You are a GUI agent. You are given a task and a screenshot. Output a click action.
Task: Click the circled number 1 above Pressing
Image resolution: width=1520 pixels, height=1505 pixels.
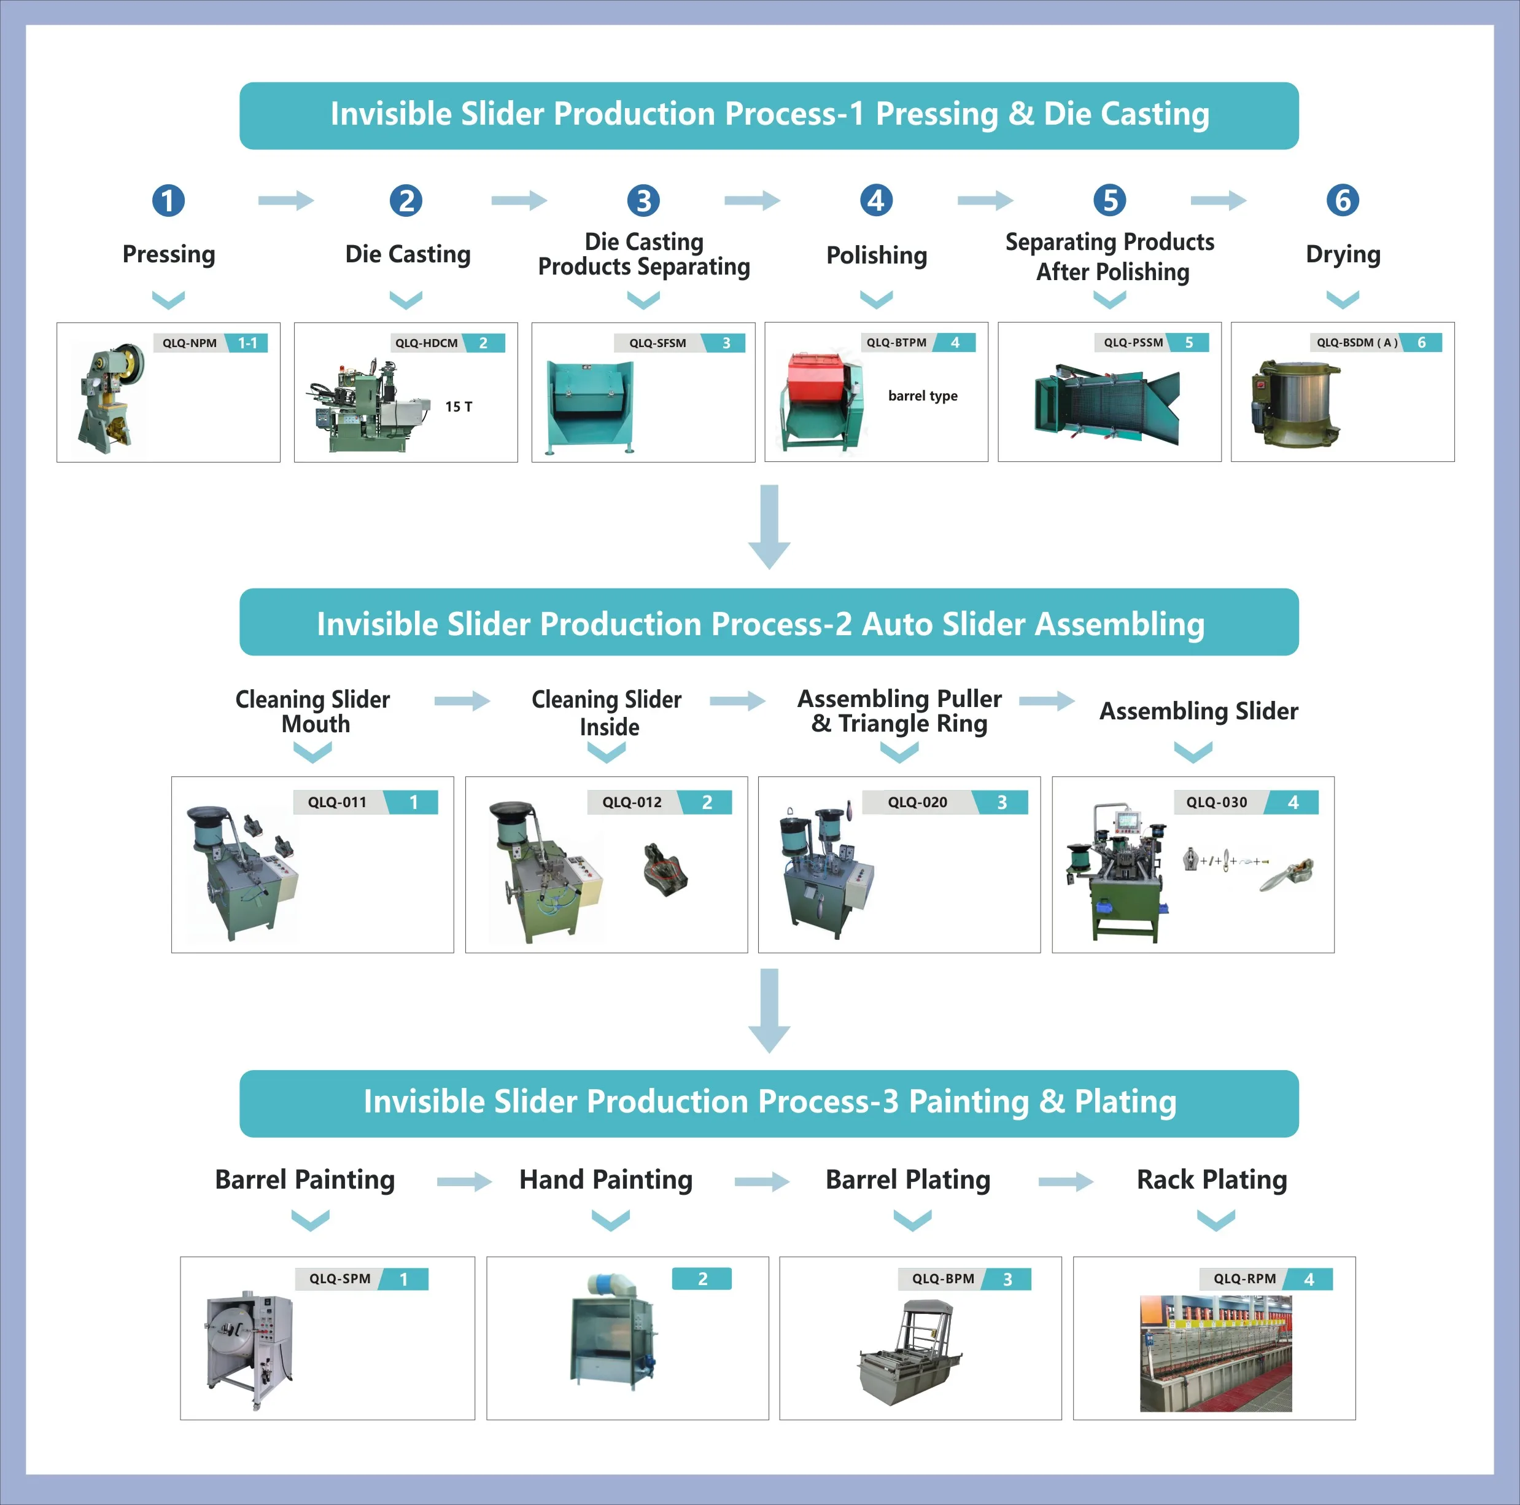click(168, 200)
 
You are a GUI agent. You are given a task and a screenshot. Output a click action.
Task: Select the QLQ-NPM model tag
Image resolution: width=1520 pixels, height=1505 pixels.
click(190, 343)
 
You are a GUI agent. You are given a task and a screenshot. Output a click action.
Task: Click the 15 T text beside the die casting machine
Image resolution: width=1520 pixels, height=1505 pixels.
click(459, 406)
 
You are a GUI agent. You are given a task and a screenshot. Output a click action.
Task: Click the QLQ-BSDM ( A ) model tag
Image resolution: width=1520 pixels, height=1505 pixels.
click(1356, 342)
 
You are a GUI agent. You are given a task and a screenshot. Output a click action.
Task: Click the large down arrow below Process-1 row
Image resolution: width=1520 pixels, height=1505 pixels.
click(769, 526)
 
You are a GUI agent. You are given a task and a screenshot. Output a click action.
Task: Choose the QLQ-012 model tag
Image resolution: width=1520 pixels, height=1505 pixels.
click(632, 802)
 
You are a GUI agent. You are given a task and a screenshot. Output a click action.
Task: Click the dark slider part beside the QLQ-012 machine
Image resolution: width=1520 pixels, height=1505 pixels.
click(665, 869)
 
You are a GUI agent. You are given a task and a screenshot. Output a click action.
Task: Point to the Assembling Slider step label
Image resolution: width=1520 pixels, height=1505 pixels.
click(1198, 711)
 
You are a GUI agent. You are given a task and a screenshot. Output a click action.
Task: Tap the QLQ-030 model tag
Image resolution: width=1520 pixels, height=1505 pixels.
click(1216, 802)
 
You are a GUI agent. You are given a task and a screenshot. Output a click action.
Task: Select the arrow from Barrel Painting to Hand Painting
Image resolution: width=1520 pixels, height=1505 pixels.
click(463, 1181)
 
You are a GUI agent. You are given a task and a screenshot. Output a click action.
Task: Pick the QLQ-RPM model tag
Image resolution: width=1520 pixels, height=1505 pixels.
click(1244, 1278)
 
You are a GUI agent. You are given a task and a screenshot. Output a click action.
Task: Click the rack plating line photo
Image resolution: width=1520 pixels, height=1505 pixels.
click(1215, 1352)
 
